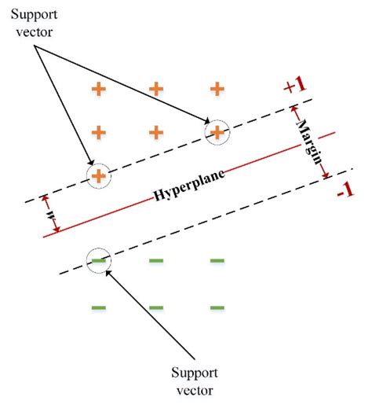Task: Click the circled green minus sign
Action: pyautogui.click(x=99, y=260)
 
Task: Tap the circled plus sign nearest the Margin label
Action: pyautogui.click(x=216, y=131)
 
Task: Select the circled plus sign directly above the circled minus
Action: pyautogui.click(x=98, y=175)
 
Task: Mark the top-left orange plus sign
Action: pyautogui.click(x=98, y=89)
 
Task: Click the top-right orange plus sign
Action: pyautogui.click(x=216, y=89)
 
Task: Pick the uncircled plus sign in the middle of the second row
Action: pyautogui.click(x=156, y=131)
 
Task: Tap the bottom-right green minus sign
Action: pyautogui.click(x=217, y=307)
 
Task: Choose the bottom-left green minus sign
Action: pyautogui.click(x=99, y=307)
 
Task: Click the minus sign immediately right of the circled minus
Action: pyautogui.click(x=157, y=260)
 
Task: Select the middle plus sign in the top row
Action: pyautogui.click(x=156, y=89)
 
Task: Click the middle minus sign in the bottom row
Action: pyautogui.click(x=157, y=307)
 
